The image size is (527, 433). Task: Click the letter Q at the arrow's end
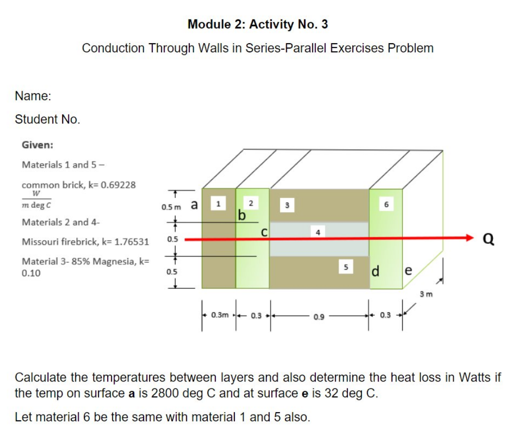490,239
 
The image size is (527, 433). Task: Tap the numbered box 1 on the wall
218,204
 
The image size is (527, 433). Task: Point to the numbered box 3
287,204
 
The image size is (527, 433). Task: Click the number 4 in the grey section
318,232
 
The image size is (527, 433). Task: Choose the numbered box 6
386,204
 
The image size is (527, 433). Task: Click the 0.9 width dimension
319,316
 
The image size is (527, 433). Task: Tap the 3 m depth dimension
427,294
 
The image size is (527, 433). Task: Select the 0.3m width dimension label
220,315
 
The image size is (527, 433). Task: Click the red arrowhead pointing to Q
469,238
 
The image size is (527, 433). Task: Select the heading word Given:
38,145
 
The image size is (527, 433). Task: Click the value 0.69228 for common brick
118,184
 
